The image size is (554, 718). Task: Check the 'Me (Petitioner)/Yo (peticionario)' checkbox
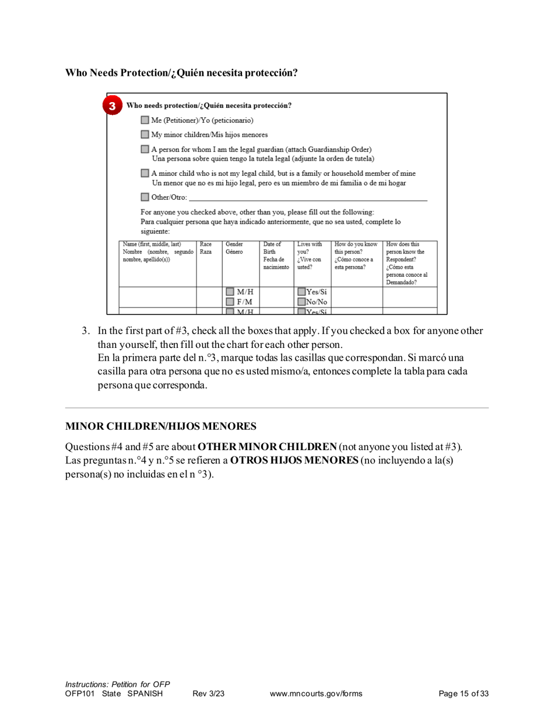pos(145,120)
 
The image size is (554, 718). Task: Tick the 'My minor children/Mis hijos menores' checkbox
pos(145,135)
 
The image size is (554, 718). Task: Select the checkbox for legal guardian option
pos(145,151)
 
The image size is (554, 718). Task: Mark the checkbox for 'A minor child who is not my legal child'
pos(145,173)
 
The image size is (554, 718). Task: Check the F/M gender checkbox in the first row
pos(231,302)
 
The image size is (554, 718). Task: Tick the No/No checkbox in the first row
pos(301,302)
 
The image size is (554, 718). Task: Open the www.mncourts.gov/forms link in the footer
pos(316,693)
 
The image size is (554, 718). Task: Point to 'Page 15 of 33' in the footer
pos(463,693)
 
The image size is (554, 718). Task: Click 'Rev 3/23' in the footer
pos(208,693)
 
